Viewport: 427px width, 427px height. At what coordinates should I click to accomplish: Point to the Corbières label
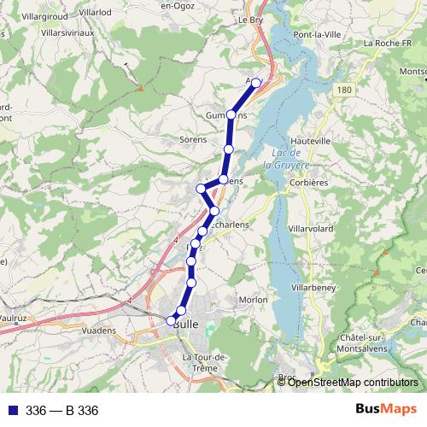pos(308,182)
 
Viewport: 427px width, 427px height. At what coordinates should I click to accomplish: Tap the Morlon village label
pos(253,300)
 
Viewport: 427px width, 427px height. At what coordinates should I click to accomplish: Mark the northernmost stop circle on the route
pos(255,83)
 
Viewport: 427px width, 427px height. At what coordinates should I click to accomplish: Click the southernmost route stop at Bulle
pos(171,321)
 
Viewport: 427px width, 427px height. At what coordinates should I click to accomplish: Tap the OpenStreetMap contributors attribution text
pos(353,382)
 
